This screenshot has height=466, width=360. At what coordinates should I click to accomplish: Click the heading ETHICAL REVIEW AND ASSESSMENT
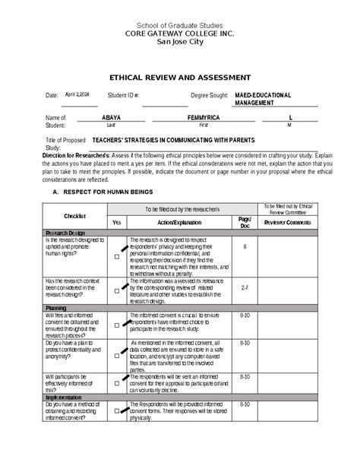point(180,78)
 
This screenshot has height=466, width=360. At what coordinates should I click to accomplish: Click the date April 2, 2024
point(77,95)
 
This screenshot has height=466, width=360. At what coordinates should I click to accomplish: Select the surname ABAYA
point(111,119)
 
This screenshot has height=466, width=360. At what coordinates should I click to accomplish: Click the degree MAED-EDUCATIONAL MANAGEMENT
point(262,99)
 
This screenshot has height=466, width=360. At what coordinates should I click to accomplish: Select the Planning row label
point(56,308)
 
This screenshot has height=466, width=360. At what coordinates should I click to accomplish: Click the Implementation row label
point(67,397)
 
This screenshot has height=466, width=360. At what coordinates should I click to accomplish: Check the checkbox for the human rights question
point(117,257)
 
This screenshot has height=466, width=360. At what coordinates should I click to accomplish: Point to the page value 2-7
point(245,289)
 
